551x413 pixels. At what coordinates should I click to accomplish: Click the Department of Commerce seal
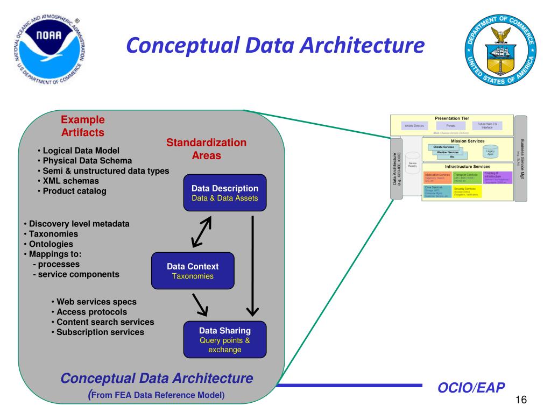pos(501,51)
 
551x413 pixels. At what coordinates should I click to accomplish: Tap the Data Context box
pos(193,271)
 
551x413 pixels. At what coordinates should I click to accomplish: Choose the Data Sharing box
pos(225,339)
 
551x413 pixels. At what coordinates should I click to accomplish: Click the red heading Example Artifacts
pos(82,126)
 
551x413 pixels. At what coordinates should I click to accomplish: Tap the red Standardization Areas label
pos(206,149)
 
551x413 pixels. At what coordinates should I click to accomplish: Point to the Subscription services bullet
pos(100,332)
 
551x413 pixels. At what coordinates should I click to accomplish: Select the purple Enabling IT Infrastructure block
pos(498,177)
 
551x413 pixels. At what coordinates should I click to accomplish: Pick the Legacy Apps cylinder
pos(490,152)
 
